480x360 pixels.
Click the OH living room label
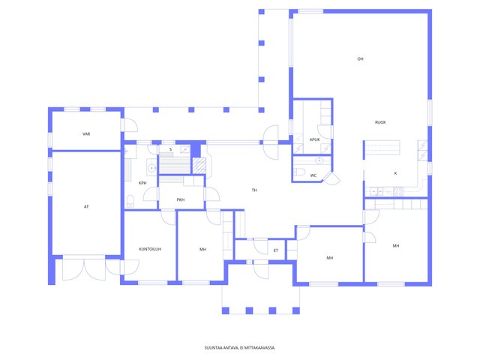coord(360,58)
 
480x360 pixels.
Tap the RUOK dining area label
coord(380,122)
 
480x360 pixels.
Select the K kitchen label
coord(395,173)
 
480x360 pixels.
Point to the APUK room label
coord(315,139)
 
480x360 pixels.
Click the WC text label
coord(313,175)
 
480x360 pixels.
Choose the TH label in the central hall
coord(254,190)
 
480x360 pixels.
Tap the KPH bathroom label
coord(142,183)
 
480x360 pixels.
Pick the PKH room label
coord(181,200)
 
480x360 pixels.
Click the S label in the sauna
coord(170,149)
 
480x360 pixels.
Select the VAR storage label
coord(86,133)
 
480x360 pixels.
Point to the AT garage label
coord(86,207)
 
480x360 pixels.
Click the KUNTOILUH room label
coord(150,249)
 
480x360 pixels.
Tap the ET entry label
coord(276,250)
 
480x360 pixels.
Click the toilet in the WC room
coord(299,172)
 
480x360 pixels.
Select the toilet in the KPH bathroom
coord(130,201)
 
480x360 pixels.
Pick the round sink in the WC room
coord(319,160)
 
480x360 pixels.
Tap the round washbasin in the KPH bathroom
coord(151,168)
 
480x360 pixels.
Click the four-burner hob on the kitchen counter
coord(398,192)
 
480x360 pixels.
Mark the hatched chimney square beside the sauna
coord(199,166)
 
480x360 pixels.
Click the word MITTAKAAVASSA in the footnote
coord(260,348)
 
